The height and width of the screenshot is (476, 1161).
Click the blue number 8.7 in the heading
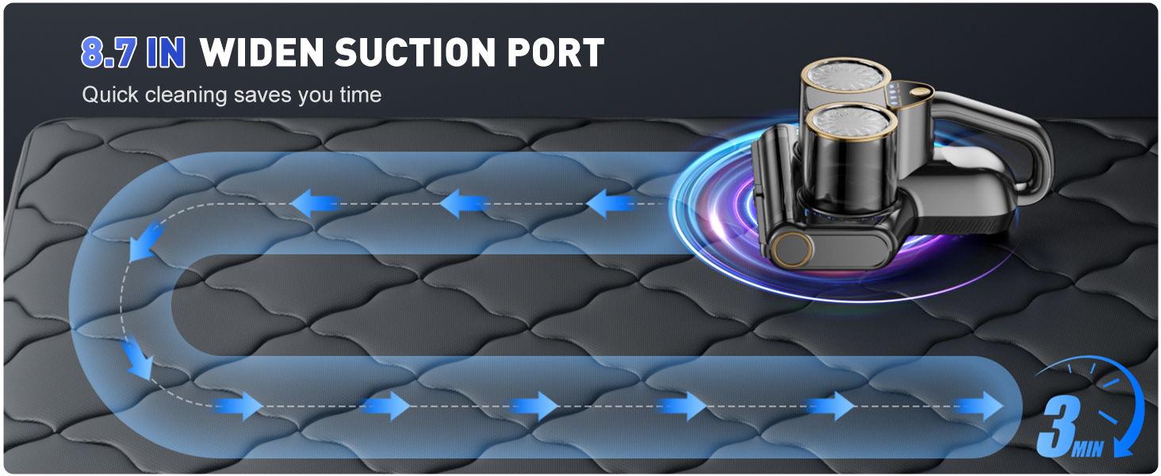click(109, 52)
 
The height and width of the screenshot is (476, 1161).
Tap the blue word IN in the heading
click(166, 52)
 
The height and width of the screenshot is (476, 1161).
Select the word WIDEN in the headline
click(262, 52)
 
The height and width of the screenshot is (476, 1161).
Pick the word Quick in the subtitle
click(110, 95)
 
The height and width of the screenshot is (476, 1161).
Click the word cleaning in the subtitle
click(186, 95)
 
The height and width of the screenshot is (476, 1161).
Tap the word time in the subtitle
click(361, 95)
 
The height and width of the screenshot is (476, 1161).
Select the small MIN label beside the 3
click(1087, 448)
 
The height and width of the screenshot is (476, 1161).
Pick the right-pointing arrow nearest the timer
click(979, 406)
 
